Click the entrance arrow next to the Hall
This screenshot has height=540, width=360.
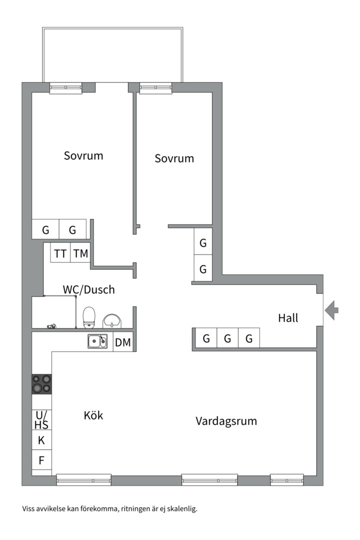331,310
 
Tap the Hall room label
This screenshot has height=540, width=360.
288,317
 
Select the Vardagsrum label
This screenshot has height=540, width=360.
226,421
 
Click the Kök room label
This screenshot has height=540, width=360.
93,415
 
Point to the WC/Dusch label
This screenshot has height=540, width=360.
88,289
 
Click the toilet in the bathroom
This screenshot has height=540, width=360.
89,317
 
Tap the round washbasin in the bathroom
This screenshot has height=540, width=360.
111,320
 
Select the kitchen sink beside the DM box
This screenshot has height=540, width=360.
97,341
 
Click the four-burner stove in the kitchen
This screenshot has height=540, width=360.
41,384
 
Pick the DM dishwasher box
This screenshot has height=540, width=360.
123,342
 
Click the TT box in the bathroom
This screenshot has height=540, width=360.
60,253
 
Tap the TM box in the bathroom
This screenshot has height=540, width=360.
80,253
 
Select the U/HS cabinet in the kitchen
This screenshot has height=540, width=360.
41,419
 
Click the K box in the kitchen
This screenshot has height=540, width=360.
41,440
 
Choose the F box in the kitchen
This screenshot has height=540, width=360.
41,460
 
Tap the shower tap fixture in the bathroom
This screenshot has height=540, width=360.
51,326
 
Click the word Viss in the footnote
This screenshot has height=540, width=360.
29,509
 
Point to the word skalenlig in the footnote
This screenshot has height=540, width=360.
182,509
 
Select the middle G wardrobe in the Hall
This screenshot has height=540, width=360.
227,339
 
